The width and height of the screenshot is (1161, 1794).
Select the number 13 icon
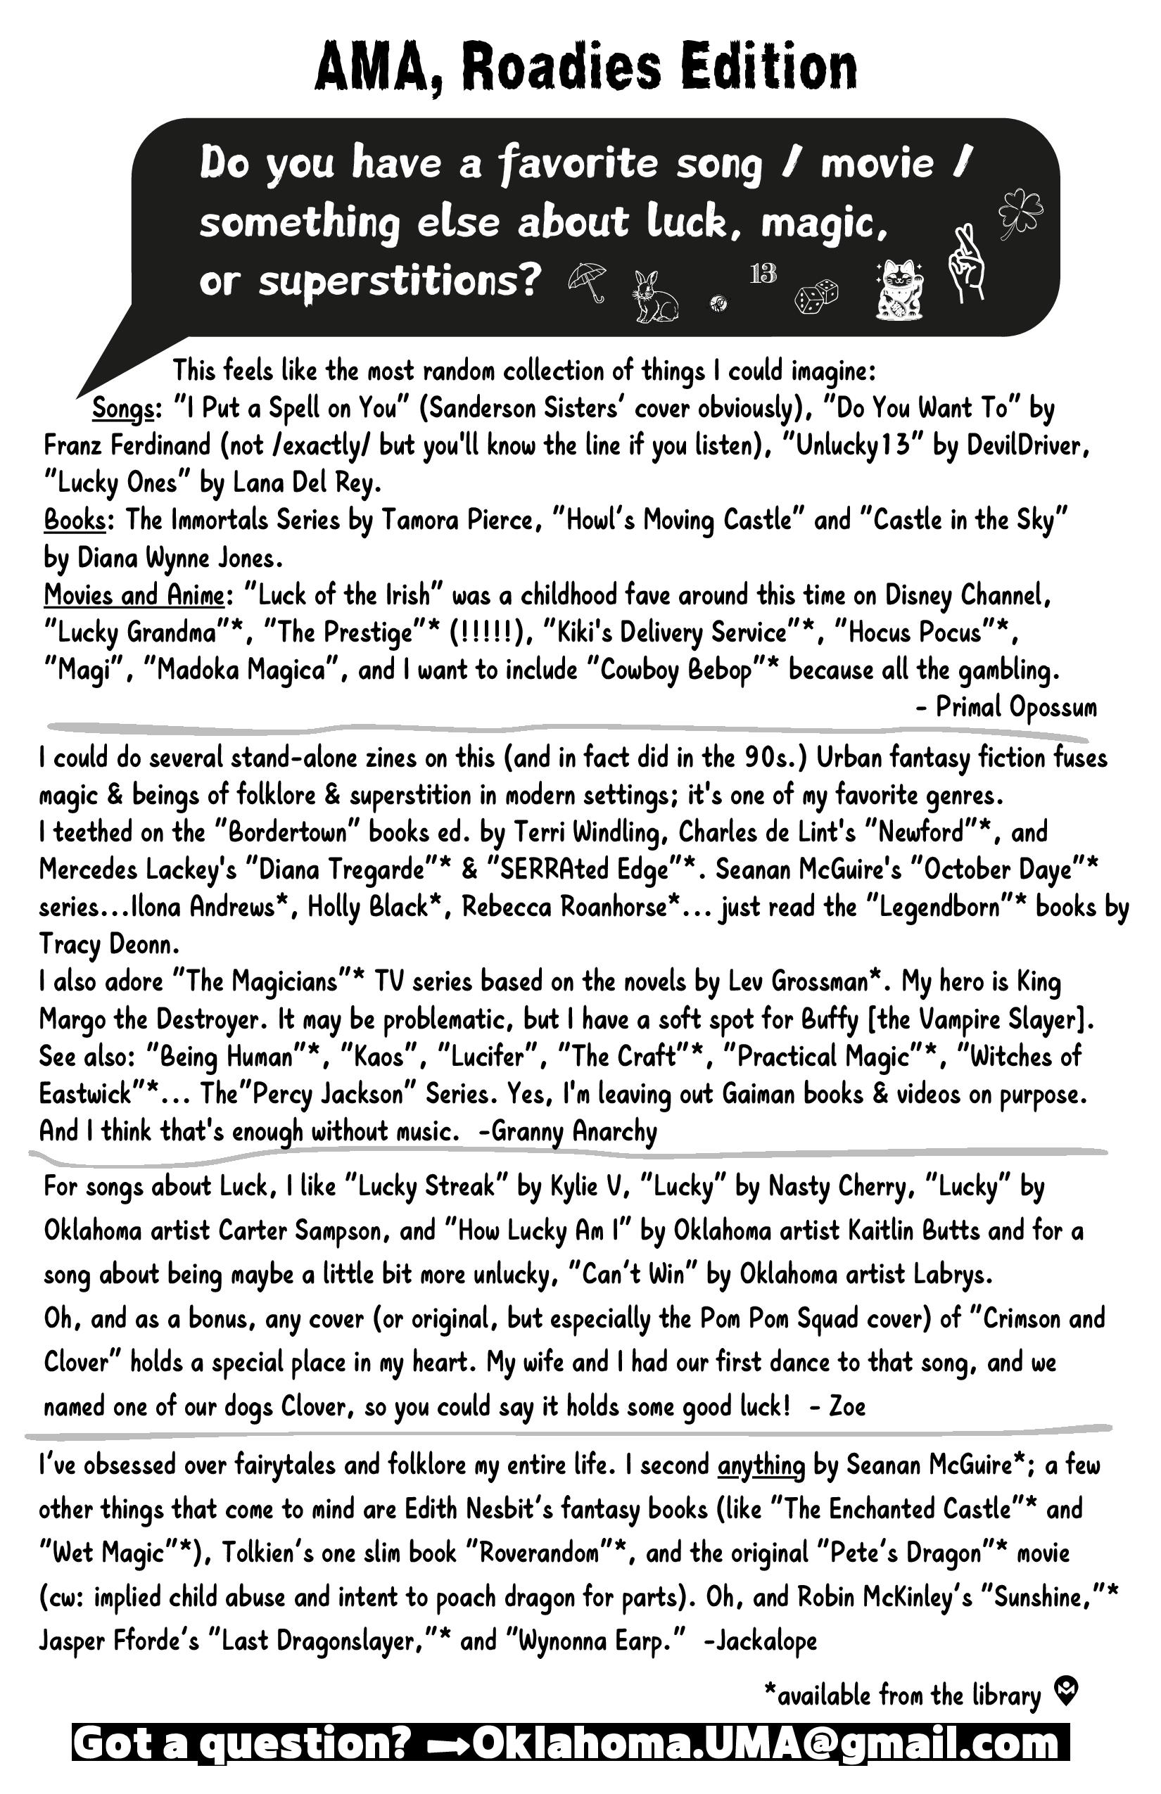pos(763,273)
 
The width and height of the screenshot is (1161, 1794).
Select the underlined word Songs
pos(123,409)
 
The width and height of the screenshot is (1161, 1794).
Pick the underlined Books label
pos(74,520)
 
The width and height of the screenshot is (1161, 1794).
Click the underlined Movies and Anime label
pos(134,595)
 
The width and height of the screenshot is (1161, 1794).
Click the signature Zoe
pos(846,1406)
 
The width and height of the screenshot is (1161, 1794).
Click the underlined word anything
pos(761,1465)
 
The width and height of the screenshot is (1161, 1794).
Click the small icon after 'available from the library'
pos(1066,1691)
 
